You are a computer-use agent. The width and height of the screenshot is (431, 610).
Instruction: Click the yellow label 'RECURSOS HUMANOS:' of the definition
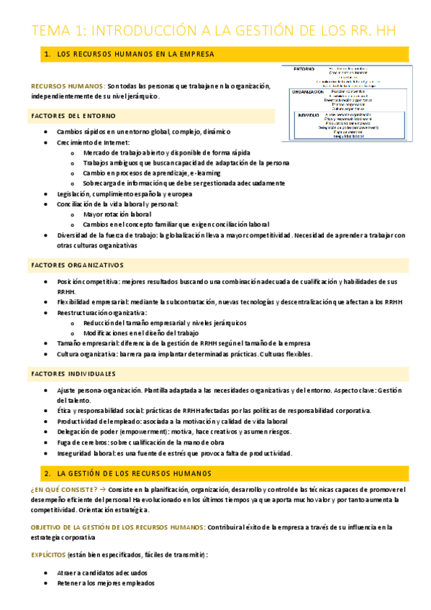tap(68, 86)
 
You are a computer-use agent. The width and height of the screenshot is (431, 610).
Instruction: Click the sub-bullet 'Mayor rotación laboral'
tap(117, 214)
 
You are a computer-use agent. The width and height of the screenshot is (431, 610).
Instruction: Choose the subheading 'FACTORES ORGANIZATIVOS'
tap(78, 265)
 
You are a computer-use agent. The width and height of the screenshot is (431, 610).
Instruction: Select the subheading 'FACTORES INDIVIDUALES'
tap(73, 375)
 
